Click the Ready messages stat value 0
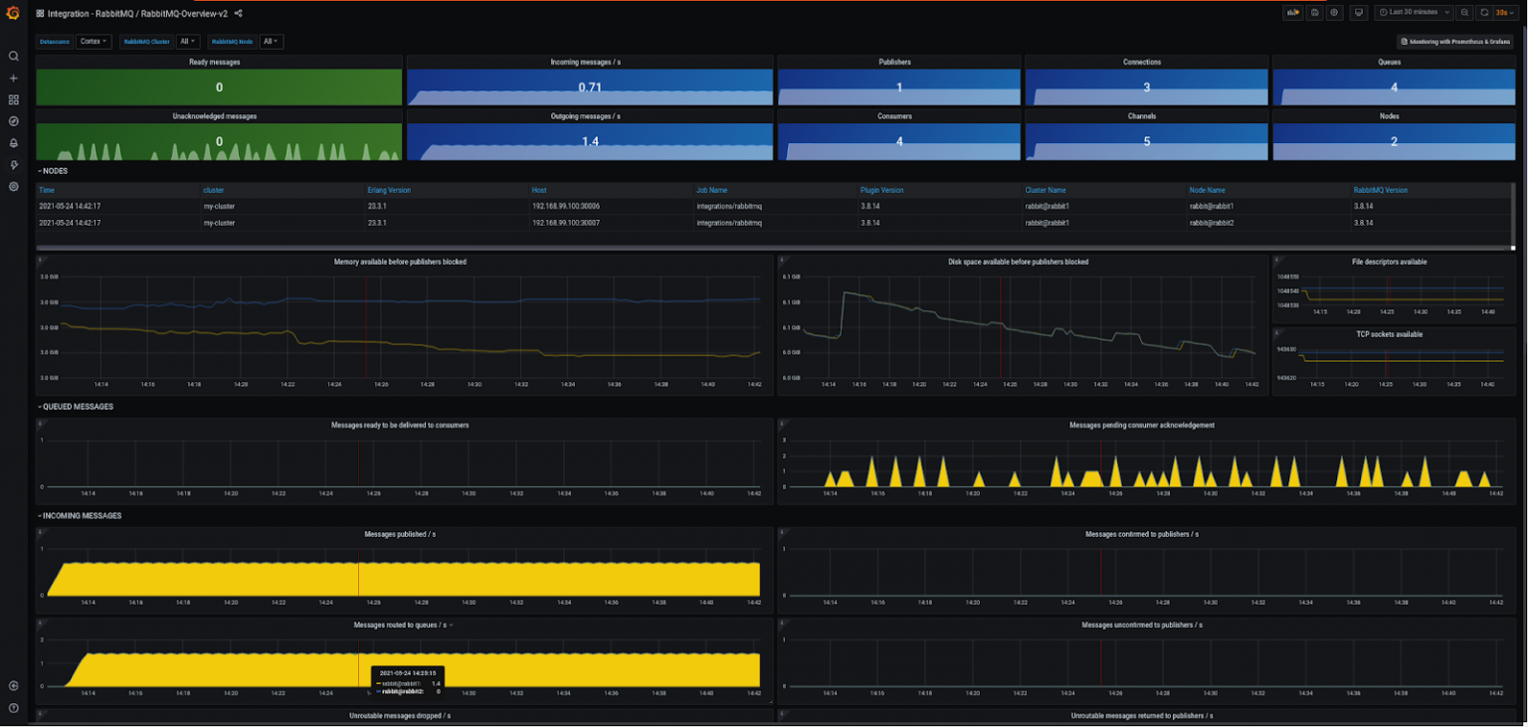(219, 88)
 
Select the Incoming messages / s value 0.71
(590, 88)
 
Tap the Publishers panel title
(898, 62)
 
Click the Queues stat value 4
(1394, 88)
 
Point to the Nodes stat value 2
(1394, 142)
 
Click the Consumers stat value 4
(898, 142)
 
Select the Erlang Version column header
(389, 190)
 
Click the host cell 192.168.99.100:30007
(566, 223)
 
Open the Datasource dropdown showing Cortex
(95, 42)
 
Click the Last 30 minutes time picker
(1413, 12)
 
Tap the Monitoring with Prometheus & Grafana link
(1455, 42)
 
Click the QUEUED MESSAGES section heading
(78, 407)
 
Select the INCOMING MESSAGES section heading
(82, 516)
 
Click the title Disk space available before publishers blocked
(1018, 262)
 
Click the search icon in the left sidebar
(14, 57)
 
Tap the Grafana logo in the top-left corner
(14, 13)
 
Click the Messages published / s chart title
(400, 534)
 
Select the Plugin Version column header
(881, 190)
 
